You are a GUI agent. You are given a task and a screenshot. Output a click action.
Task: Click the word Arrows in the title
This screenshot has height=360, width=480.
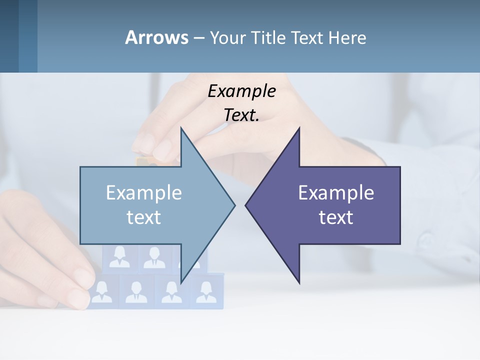click(156, 37)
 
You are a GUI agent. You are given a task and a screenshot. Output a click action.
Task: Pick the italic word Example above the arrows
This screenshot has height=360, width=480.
click(241, 91)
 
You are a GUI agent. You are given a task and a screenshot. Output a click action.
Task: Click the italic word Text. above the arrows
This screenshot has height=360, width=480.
click(241, 115)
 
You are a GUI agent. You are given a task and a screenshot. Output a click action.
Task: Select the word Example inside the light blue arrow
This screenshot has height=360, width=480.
click(144, 193)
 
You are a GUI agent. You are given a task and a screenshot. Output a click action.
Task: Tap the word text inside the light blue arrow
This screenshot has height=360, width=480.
click(144, 217)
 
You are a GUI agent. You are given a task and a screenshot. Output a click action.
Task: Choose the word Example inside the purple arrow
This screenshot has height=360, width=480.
click(336, 193)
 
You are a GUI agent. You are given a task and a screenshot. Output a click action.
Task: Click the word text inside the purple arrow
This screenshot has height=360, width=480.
click(336, 217)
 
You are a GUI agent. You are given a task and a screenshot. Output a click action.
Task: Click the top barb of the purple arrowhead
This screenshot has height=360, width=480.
click(298, 129)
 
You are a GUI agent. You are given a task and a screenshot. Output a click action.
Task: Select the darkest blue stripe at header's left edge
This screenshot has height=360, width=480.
click(9, 36)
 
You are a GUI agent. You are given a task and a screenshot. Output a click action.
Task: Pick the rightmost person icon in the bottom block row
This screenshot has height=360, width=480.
click(206, 291)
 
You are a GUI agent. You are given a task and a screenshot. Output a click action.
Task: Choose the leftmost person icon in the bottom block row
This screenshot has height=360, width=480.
click(102, 291)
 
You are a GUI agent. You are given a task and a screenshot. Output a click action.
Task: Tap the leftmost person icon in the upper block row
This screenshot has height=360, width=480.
click(119, 257)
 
